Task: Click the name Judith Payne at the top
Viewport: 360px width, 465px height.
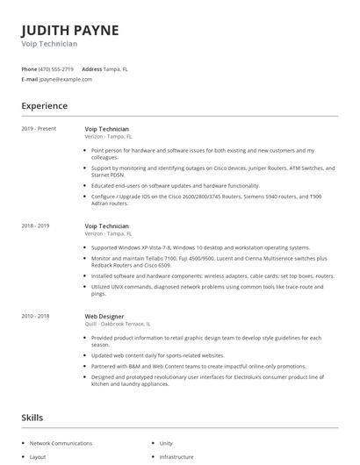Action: tap(69, 30)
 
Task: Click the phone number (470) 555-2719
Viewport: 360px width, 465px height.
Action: tap(57, 68)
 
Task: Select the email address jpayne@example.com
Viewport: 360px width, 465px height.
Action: tap(66, 79)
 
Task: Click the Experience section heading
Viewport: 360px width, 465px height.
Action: tap(45, 106)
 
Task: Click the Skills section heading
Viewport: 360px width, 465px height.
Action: tap(32, 417)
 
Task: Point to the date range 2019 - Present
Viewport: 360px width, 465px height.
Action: tap(39, 128)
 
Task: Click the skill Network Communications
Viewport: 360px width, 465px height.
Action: tap(61, 443)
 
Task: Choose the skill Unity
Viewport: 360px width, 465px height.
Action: tap(166, 443)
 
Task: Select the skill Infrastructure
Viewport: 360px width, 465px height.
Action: tap(176, 456)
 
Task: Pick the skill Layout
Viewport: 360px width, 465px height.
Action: tap(38, 456)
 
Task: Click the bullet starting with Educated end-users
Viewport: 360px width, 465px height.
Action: tap(175, 185)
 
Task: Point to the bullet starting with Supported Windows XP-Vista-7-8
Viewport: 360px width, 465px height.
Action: tap(200, 247)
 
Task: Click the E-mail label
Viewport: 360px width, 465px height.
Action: tap(29, 79)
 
